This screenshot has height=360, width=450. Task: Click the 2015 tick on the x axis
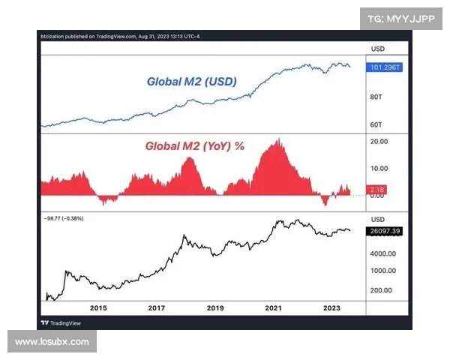tap(98, 308)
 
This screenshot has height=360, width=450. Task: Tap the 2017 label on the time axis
tap(157, 308)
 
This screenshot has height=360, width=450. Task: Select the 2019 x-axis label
tap(215, 308)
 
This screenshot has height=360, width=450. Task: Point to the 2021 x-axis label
tap(274, 308)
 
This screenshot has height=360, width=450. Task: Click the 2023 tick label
tap(332, 308)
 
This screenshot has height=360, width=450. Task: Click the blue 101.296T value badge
tap(385, 67)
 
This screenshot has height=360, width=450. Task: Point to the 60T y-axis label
tap(376, 124)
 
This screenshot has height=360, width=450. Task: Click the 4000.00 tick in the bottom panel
tap(382, 253)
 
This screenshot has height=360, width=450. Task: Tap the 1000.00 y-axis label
tap(382, 270)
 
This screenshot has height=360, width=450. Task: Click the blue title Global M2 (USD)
tap(191, 81)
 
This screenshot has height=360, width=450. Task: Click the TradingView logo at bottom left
tap(61, 322)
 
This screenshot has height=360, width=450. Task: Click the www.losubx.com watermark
tap(52, 342)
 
